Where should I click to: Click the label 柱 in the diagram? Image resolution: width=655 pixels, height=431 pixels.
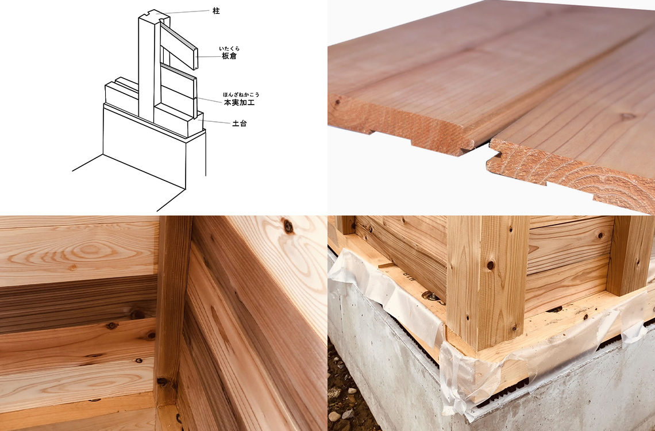[x=216, y=11]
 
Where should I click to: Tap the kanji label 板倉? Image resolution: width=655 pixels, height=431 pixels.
[x=229, y=56]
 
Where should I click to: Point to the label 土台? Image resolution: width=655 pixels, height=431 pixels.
[x=240, y=123]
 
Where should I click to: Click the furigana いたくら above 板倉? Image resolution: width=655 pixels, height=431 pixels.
[x=229, y=48]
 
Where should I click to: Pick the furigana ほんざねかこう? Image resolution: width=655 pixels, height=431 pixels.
[x=241, y=95]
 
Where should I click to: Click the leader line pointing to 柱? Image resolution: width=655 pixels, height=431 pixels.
[x=184, y=11]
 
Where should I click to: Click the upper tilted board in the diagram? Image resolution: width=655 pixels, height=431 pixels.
[x=178, y=45]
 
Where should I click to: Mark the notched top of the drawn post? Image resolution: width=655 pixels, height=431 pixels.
[x=154, y=16]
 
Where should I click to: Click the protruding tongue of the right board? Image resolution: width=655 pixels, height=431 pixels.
[x=494, y=158]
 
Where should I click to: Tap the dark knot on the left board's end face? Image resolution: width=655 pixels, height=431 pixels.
[x=337, y=102]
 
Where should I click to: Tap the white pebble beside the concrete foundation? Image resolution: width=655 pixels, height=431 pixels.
[x=334, y=417]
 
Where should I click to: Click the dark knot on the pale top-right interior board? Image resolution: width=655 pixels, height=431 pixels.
[x=288, y=226]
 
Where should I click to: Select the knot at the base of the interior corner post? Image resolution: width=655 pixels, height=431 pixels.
[x=161, y=382]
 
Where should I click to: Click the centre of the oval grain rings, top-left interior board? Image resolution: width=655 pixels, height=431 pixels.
[x=89, y=250]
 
